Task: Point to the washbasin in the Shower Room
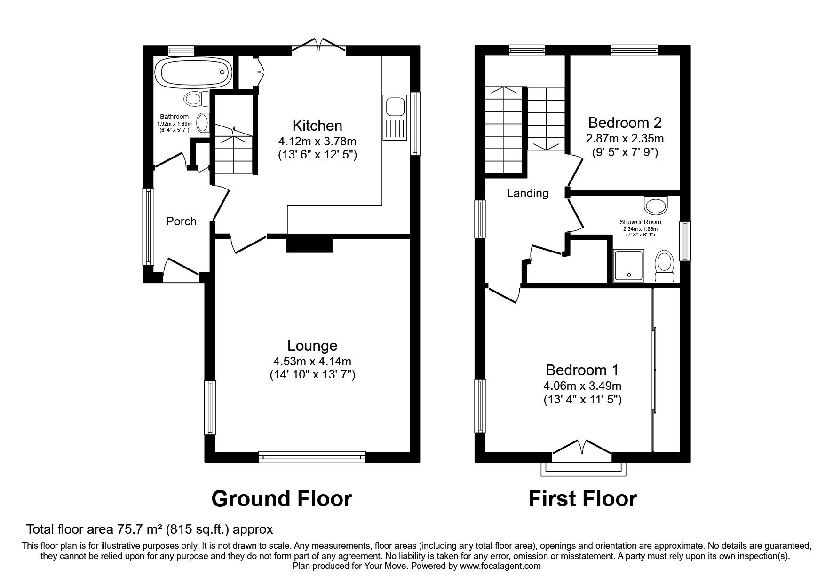[656, 205]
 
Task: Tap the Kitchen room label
[317, 126]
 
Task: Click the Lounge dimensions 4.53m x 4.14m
[312, 362]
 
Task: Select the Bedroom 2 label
[625, 123]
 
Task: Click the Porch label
[181, 221]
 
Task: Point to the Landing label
[528, 193]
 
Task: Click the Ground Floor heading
[281, 498]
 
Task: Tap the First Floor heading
[582, 498]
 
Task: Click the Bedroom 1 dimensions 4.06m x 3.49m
[582, 386]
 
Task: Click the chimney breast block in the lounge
[309, 244]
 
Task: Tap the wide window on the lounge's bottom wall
[312, 456]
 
